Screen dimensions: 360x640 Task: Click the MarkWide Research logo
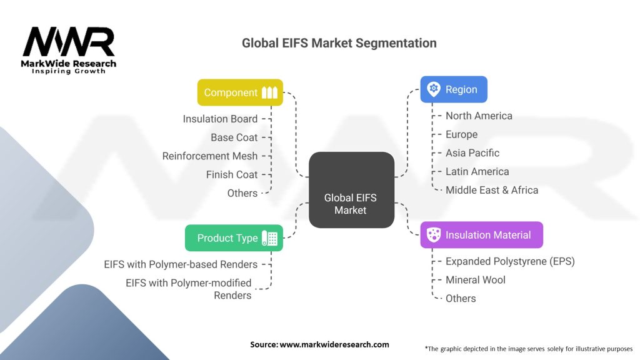pos(69,49)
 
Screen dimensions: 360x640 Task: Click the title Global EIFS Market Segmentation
pos(339,43)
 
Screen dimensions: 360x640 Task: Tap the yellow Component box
pos(240,92)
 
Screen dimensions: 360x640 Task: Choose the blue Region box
pos(453,89)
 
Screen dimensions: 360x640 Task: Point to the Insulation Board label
pos(220,119)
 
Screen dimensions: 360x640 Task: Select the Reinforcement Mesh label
pos(209,156)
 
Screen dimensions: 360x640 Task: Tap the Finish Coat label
pos(231,174)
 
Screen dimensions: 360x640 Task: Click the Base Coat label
pos(234,137)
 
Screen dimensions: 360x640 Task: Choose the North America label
pos(479,116)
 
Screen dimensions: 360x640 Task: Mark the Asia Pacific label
pos(472,152)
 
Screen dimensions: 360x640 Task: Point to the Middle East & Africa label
pos(491,190)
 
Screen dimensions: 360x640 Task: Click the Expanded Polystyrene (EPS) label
pos(510,261)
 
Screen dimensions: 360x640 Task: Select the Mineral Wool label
pos(475,279)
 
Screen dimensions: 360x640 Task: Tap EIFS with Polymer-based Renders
pos(181,264)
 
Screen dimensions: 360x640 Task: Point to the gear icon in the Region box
pos(434,89)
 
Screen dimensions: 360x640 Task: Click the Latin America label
pos(477,171)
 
